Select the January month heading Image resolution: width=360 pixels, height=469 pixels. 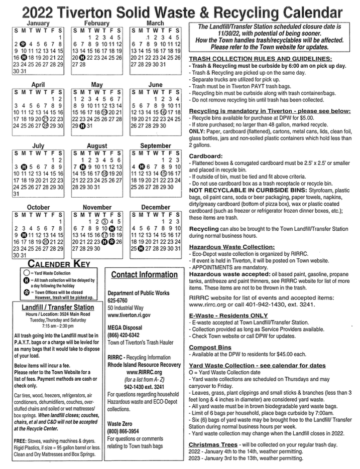point(38,23)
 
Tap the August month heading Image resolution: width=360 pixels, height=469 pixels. point(97,145)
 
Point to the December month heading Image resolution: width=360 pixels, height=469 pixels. point(156,207)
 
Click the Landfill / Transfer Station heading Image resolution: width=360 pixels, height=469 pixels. point(58,307)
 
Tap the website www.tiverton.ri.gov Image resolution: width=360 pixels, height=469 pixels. point(129,315)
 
